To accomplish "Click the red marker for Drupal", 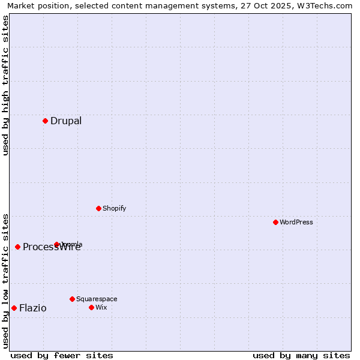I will tap(45, 121).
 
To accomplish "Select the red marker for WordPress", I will tap(275, 222).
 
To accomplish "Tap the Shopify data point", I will tap(98, 208).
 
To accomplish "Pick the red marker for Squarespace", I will tap(72, 299).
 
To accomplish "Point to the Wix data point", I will tap(91, 307).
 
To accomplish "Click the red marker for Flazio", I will tap(14, 308).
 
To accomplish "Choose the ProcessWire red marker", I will tap(17, 247).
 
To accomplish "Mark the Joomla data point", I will tap(57, 244).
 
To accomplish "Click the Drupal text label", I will tap(66, 121).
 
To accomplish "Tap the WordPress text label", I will tap(296, 222).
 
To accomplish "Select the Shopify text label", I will tap(114, 208).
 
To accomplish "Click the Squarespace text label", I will tap(97, 299).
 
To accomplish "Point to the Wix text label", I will tap(101, 307).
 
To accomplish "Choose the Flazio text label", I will tap(32, 308).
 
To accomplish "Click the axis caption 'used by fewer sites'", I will tap(62, 355).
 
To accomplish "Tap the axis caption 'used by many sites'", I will tap(301, 355).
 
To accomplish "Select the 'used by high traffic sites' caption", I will tap(5, 85).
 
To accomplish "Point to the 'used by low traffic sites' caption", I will tap(5, 280).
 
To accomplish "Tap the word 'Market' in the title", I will tap(21, 5).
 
